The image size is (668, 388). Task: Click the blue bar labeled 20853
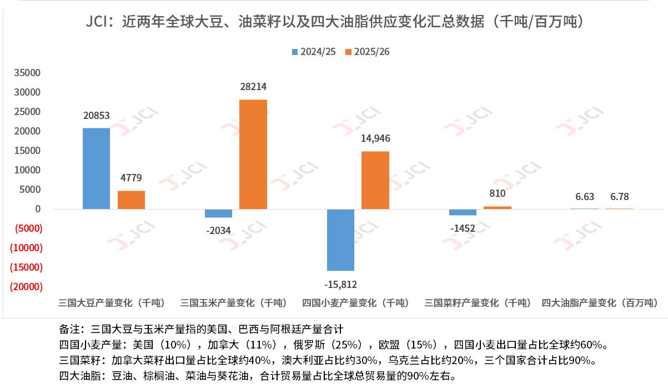pyautogui.click(x=96, y=168)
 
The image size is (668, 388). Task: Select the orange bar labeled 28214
pyautogui.click(x=253, y=154)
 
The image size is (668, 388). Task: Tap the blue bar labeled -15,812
pyautogui.click(x=340, y=240)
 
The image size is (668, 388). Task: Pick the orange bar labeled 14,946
pyautogui.click(x=375, y=180)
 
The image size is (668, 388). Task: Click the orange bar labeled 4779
pyautogui.click(x=131, y=200)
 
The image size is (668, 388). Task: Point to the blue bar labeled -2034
pyautogui.click(x=218, y=213)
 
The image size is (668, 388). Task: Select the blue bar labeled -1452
pyautogui.click(x=463, y=212)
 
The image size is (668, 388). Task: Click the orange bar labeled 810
pyautogui.click(x=497, y=207)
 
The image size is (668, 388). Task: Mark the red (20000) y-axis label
pyautogui.click(x=26, y=287)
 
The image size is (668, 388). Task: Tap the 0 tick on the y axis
pyautogui.click(x=38, y=209)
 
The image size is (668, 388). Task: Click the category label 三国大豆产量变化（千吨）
pyautogui.click(x=112, y=303)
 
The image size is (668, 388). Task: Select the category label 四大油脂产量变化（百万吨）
pyautogui.click(x=599, y=303)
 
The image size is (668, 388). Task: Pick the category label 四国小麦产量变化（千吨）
pyautogui.click(x=356, y=303)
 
